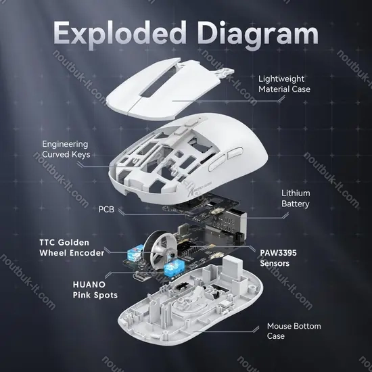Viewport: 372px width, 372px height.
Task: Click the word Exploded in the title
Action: [120, 33]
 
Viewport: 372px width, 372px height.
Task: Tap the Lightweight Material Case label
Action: [284, 84]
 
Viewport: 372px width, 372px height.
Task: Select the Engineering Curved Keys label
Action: [66, 149]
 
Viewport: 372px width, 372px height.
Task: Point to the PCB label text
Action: [106, 209]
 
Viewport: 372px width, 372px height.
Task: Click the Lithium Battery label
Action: [296, 199]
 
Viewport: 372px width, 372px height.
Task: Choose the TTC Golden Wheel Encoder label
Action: [72, 248]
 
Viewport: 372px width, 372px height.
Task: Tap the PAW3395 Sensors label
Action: [278, 258]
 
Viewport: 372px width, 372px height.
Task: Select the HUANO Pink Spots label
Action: [95, 289]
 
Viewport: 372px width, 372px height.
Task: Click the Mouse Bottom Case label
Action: [294, 331]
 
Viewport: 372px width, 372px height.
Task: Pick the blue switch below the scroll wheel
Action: [174, 269]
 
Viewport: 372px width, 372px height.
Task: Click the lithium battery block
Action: [228, 220]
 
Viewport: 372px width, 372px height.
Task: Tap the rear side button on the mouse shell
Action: [235, 153]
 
